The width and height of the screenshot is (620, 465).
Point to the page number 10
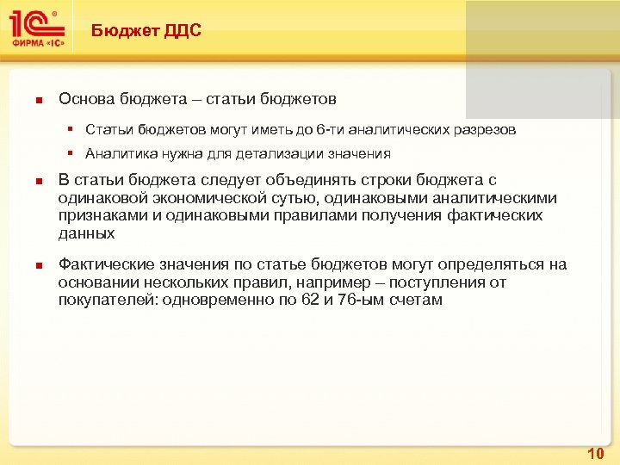point(595,453)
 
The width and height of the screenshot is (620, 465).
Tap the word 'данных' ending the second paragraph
point(85,233)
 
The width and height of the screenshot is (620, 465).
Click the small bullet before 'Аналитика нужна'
point(76,155)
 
